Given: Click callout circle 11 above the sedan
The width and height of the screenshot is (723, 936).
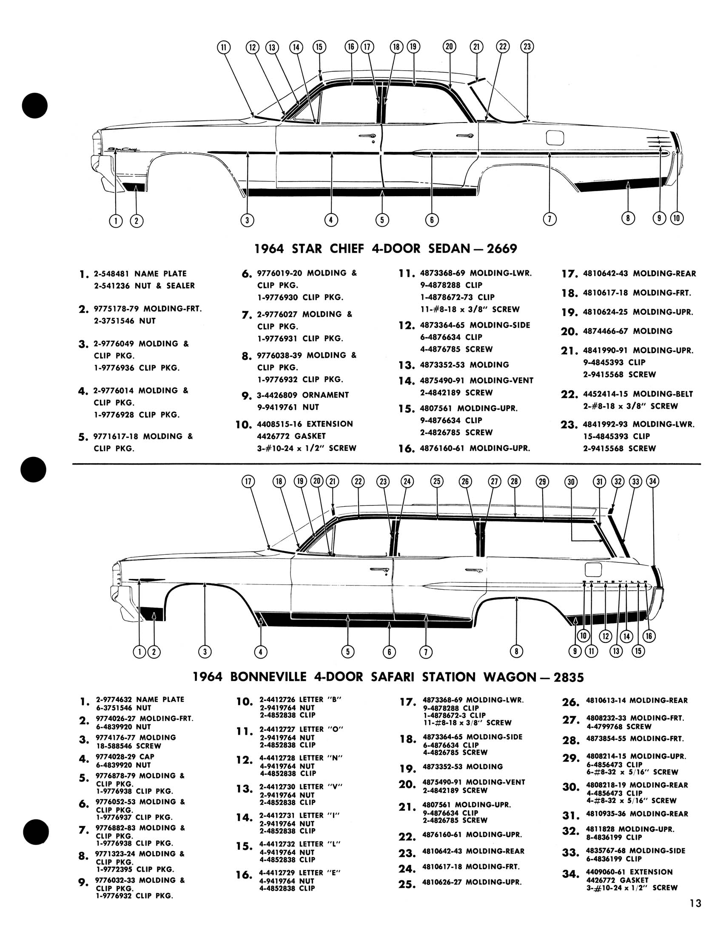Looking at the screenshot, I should point(223,47).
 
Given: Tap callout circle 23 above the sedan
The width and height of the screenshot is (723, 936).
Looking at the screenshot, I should point(527,47).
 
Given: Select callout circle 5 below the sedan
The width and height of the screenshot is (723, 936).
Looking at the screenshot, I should point(381,220).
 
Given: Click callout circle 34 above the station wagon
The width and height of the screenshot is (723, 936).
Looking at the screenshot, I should point(652,481).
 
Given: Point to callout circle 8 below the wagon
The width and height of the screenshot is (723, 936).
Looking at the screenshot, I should point(517,651).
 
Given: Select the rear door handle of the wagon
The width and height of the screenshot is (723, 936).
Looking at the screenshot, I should point(474,570).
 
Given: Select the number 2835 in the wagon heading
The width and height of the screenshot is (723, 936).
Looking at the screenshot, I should point(568,677).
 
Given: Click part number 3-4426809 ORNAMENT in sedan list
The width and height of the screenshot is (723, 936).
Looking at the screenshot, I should point(303,395).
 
